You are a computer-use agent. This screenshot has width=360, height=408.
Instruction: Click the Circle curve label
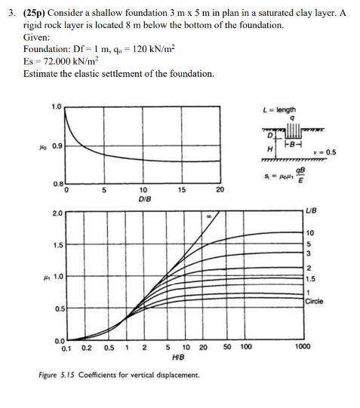coord(315,301)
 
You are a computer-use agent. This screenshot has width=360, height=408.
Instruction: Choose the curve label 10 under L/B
coord(309,232)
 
